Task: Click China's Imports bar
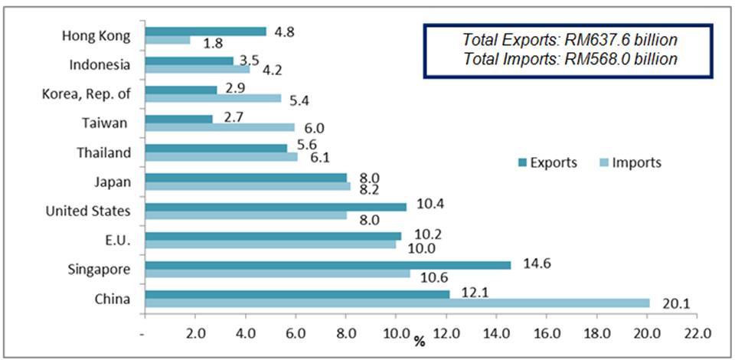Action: point(397,303)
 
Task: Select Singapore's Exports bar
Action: point(327,265)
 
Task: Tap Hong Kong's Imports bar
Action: point(167,40)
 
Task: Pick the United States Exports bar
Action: point(275,207)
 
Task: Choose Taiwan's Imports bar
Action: point(219,127)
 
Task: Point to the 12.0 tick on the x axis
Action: point(446,334)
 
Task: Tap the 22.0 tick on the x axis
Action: point(697,334)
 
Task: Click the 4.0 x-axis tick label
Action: point(245,334)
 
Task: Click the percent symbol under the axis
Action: point(420,340)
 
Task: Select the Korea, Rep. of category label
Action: point(87,94)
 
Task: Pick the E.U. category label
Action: point(119,240)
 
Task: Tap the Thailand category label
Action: point(106,152)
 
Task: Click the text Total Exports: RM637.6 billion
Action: point(570,38)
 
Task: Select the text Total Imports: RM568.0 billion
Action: point(570,59)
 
